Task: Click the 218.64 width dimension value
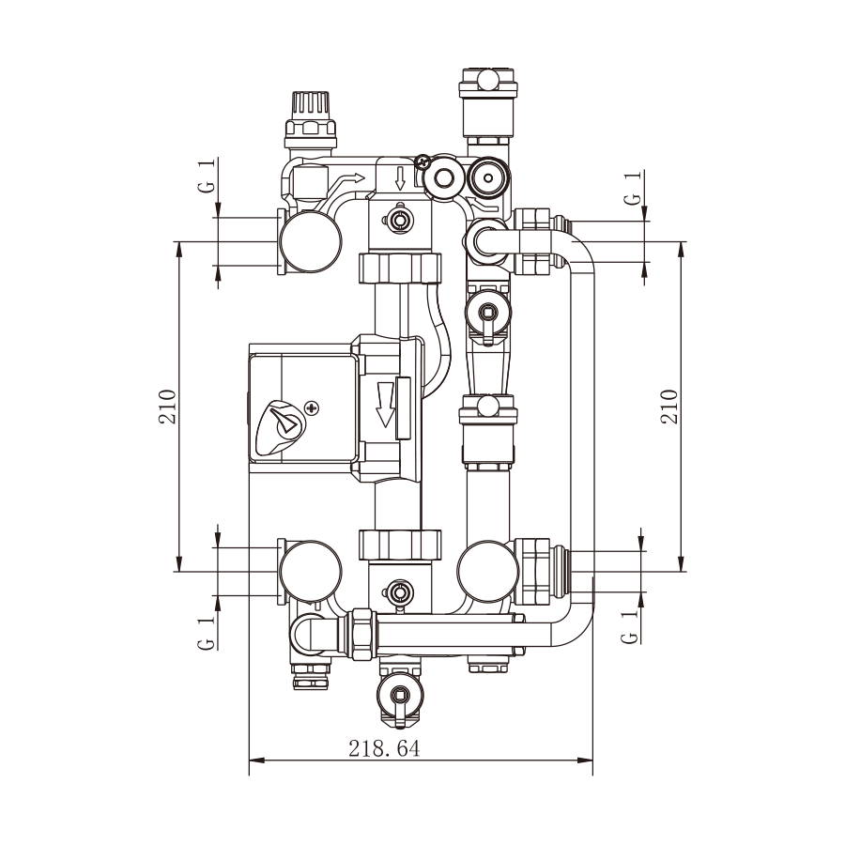pyautogui.click(x=384, y=748)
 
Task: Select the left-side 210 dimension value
pyautogui.click(x=168, y=407)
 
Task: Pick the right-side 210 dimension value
pyautogui.click(x=669, y=407)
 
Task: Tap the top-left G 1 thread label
pyautogui.click(x=207, y=175)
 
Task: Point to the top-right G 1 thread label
pyautogui.click(x=633, y=188)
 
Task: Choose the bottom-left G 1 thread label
pyautogui.click(x=207, y=633)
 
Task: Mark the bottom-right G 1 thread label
pyautogui.click(x=629, y=626)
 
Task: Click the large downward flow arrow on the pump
pyautogui.click(x=385, y=404)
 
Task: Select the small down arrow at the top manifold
pyautogui.click(x=400, y=178)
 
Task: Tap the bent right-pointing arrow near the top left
pyautogui.click(x=345, y=186)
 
